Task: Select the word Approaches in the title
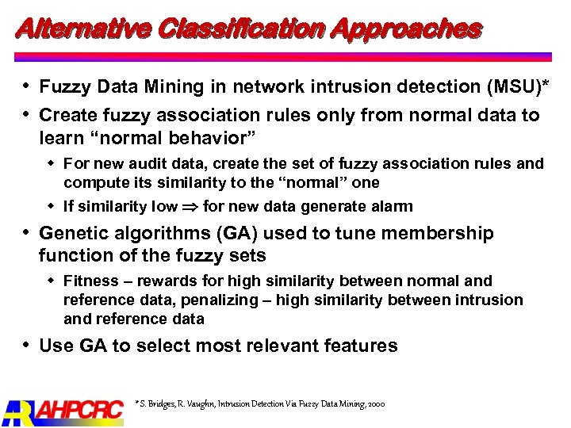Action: coord(406,30)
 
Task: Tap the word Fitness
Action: coord(88,281)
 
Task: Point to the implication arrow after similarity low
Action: coord(190,208)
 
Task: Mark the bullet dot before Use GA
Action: coord(27,345)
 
